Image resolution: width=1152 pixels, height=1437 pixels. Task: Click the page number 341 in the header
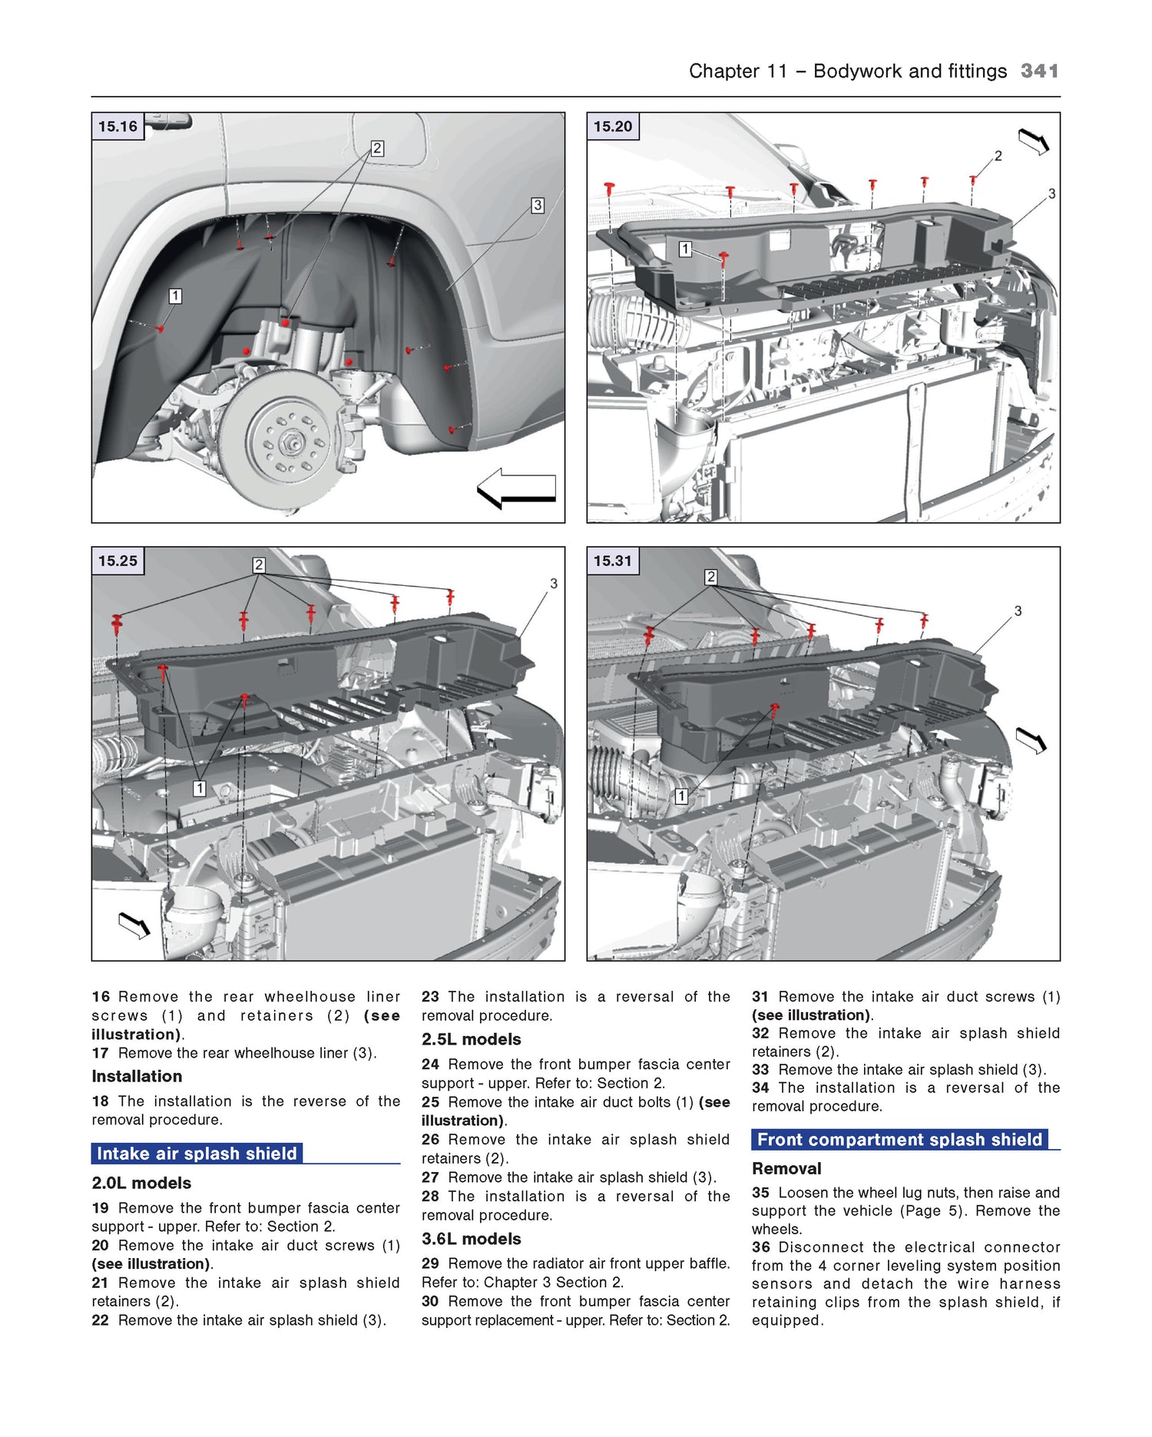tap(1039, 71)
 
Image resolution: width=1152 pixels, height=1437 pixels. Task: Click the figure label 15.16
tap(118, 127)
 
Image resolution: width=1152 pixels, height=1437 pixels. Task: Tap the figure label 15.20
tap(613, 127)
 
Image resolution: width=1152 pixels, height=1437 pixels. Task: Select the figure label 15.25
tap(118, 561)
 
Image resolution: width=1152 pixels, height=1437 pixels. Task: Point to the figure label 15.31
tap(613, 561)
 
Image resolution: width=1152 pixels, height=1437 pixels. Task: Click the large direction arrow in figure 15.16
tap(517, 488)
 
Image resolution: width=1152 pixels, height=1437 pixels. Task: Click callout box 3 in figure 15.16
tap(538, 206)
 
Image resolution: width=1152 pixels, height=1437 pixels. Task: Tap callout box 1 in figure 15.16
tap(175, 296)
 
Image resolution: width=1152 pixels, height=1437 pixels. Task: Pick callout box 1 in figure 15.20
tap(685, 249)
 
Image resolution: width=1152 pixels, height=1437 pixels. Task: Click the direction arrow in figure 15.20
tap(1034, 141)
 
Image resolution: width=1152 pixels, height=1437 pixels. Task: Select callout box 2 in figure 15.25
tap(259, 565)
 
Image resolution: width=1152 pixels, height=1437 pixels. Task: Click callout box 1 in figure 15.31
tap(681, 796)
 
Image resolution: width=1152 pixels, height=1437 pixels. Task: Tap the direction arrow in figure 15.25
tap(134, 925)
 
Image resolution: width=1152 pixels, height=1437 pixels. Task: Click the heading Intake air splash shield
tap(197, 1154)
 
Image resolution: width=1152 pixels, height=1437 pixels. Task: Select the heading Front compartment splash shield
tap(899, 1140)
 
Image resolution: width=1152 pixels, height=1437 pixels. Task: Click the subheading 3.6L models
tap(471, 1239)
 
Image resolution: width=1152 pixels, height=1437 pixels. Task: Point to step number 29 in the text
tap(430, 1263)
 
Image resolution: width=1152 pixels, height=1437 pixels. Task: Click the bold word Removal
tap(786, 1168)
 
